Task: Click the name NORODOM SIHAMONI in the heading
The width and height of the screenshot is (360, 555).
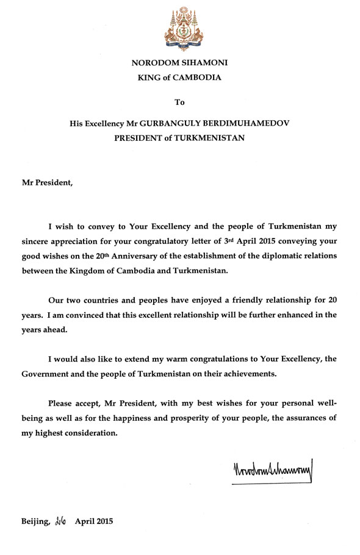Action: click(x=180, y=63)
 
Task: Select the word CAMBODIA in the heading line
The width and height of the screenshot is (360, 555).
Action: click(x=200, y=77)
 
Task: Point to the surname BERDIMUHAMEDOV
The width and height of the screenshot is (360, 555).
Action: click(x=237, y=123)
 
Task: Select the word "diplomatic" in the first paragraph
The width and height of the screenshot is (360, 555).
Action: click(x=290, y=255)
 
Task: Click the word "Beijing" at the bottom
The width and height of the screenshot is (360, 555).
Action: click(x=35, y=521)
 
